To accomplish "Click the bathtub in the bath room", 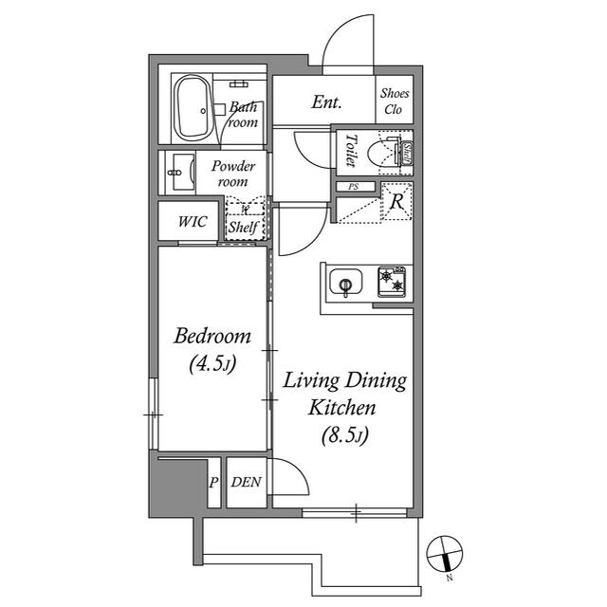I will [x=197, y=107].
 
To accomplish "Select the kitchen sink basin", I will [x=344, y=283].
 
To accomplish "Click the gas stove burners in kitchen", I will [x=392, y=281].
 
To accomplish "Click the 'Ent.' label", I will [x=326, y=102].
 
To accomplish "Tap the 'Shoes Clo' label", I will [x=395, y=101].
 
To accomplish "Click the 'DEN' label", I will [x=247, y=482].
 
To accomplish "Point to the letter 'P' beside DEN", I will [x=213, y=482].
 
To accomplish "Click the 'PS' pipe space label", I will [x=354, y=188].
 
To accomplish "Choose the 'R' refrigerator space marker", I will [x=396, y=203].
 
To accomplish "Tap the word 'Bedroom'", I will [x=212, y=336].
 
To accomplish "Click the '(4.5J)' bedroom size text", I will [x=212, y=362].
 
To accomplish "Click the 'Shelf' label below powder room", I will [x=242, y=229].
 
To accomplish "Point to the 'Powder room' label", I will [x=232, y=173].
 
